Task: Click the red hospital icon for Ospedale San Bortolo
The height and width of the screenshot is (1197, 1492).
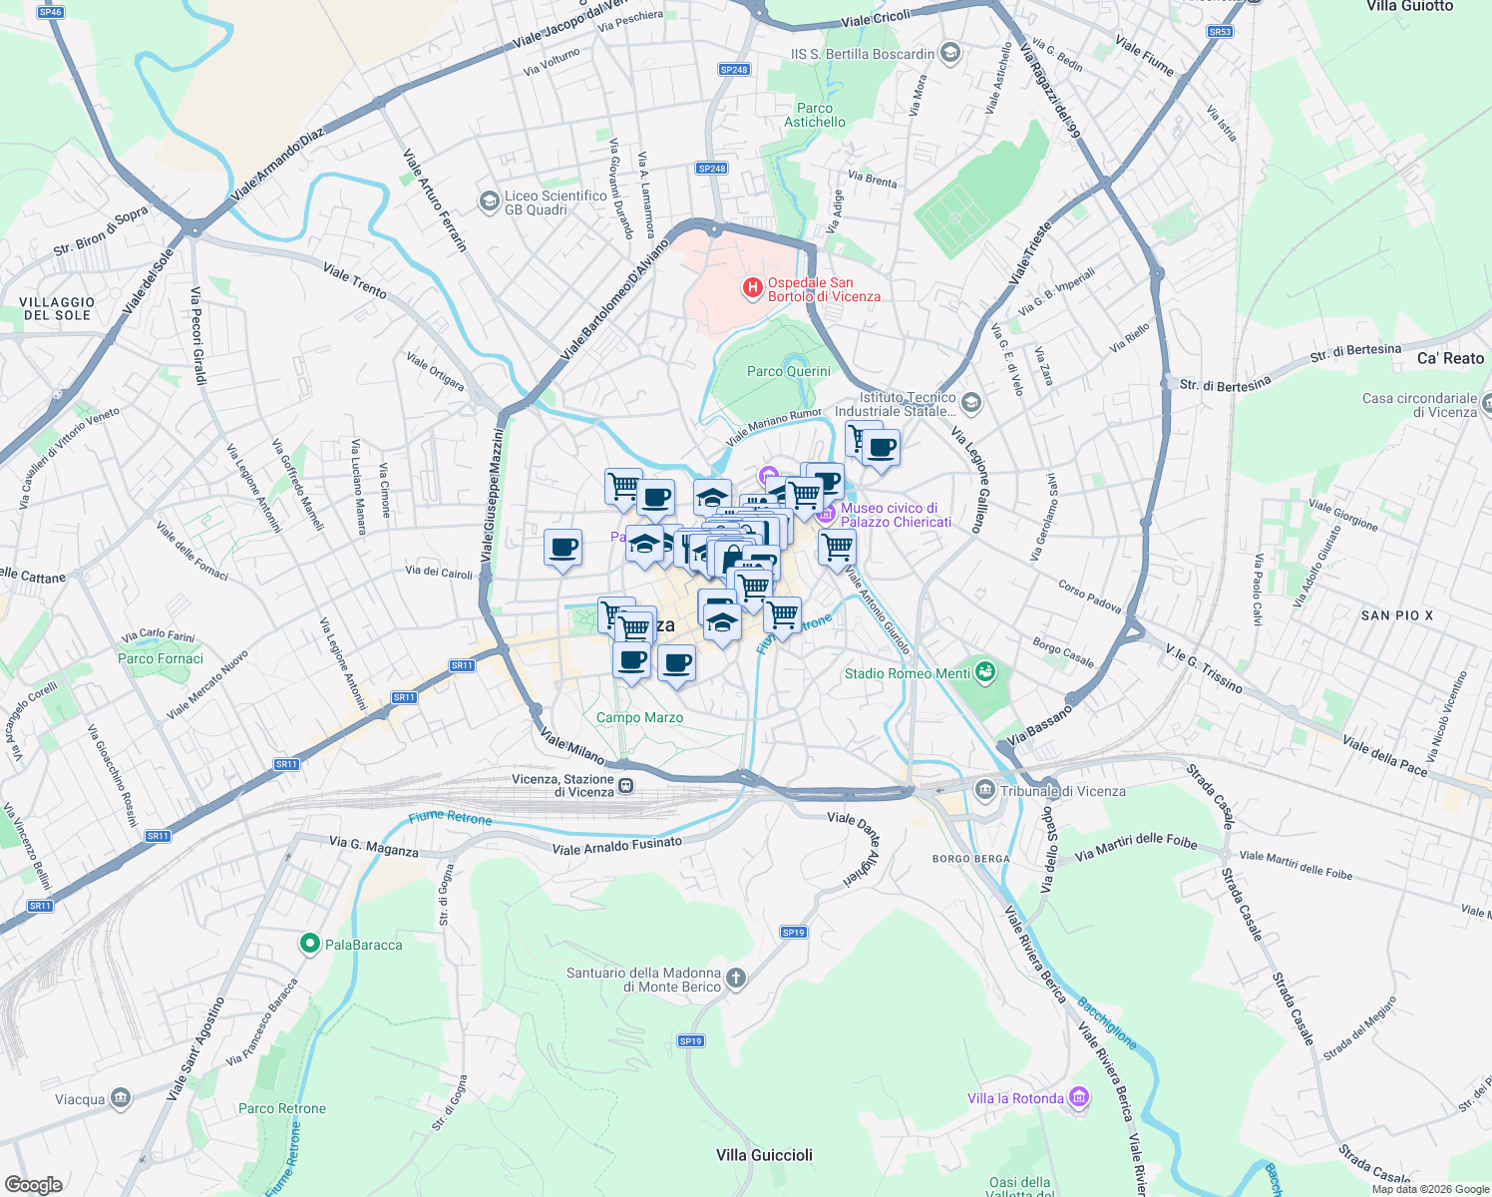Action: [x=753, y=289]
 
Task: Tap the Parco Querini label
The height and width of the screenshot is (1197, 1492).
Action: [x=788, y=371]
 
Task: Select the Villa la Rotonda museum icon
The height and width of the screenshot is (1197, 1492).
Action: [x=1078, y=1097]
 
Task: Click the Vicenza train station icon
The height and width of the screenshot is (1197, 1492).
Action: [x=626, y=786]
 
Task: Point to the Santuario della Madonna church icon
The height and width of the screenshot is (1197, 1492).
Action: [x=736, y=978]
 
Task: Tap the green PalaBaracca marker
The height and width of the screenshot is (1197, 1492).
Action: [x=309, y=943]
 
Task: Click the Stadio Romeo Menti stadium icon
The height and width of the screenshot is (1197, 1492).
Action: [x=985, y=672]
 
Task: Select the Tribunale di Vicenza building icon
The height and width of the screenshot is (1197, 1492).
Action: [x=985, y=791]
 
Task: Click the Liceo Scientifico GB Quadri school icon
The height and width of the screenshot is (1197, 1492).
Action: [x=489, y=202]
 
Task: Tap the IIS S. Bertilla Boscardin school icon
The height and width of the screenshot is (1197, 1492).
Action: [x=950, y=53]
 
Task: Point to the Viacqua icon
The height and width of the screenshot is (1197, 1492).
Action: [x=120, y=1099]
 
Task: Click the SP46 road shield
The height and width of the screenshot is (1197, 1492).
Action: [x=50, y=12]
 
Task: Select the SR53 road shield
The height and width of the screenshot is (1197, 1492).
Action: [x=1220, y=32]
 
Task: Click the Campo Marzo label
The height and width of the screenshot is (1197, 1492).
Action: [x=639, y=717]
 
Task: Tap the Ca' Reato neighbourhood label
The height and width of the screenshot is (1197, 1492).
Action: [x=1450, y=358]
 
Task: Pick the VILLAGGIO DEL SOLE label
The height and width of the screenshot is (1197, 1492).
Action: [x=57, y=308]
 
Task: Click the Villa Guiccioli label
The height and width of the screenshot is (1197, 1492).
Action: [x=764, y=1155]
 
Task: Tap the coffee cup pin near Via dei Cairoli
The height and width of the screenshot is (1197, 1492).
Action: [x=562, y=549]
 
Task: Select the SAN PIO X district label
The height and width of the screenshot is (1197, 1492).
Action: [x=1396, y=615]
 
